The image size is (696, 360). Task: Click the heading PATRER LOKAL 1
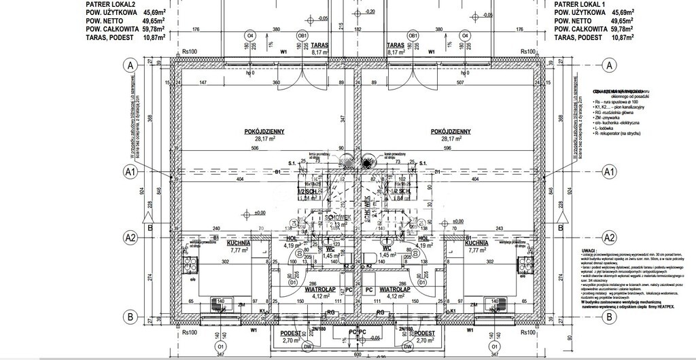[x=580, y=3]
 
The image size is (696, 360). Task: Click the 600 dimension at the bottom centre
[x=358, y=355]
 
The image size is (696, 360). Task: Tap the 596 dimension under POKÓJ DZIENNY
[x=447, y=148]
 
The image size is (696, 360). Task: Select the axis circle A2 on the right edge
[x=609, y=237]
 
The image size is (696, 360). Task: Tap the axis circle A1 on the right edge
[x=609, y=173]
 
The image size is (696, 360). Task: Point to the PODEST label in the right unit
[x=425, y=333]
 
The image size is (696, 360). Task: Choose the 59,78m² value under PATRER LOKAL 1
[x=621, y=29]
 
